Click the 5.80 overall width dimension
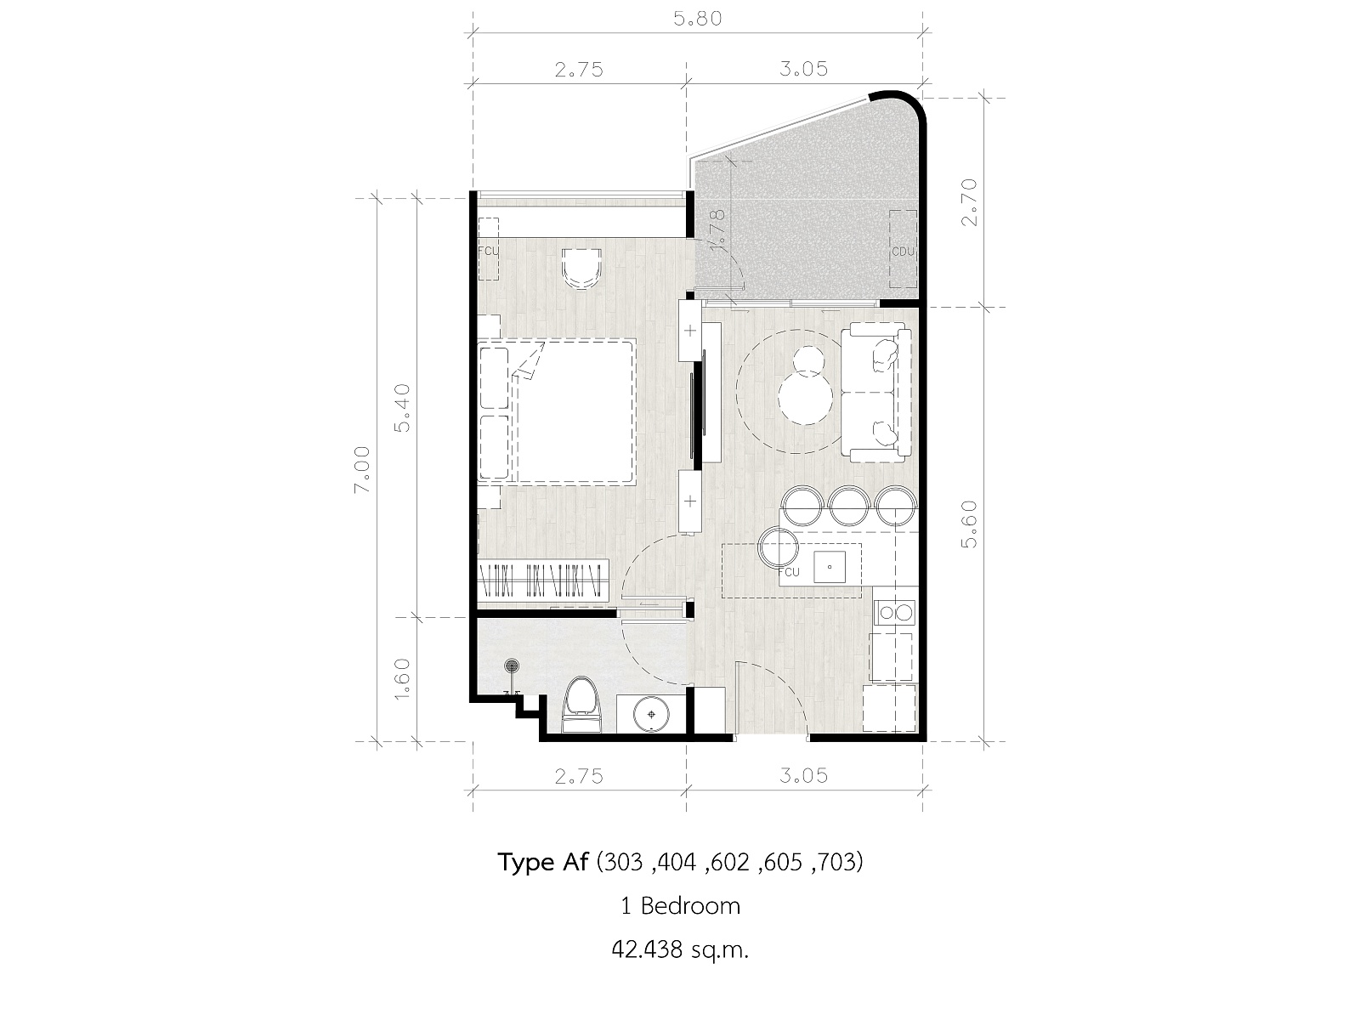tap(698, 19)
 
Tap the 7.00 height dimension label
tap(362, 469)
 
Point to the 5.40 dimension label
tap(403, 407)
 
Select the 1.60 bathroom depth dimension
tap(403, 678)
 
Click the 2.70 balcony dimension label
tap(970, 202)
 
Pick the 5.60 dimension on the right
tap(970, 524)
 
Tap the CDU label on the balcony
tap(904, 252)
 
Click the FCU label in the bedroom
tap(488, 252)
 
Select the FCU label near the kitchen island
tap(789, 572)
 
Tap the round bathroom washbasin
tap(651, 715)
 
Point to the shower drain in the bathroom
tap(512, 666)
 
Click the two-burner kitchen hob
tap(894, 613)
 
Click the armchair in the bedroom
tap(581, 269)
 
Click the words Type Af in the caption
tap(543, 862)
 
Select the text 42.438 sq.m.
tap(680, 949)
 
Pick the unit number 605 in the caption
tap(783, 862)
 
